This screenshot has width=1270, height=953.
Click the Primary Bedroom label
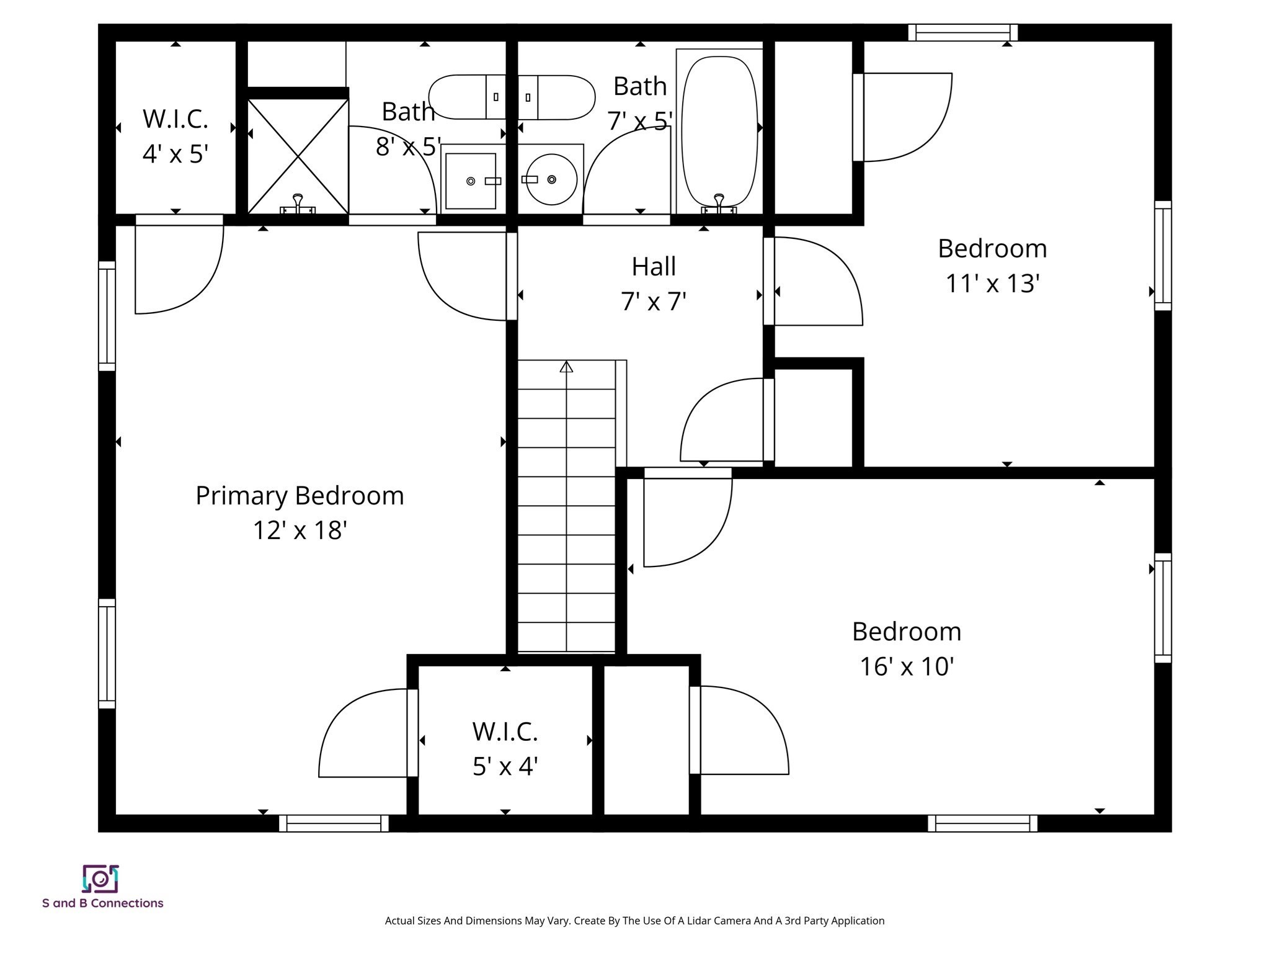point(300,496)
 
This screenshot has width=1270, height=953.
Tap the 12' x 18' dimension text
point(300,530)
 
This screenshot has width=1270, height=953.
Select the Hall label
point(654,267)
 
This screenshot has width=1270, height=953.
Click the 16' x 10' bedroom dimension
point(906,667)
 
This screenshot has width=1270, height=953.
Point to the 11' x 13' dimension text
point(992,284)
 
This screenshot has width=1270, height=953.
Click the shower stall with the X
point(298,156)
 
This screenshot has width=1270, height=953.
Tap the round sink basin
point(551,180)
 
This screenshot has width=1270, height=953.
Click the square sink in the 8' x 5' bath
point(471,181)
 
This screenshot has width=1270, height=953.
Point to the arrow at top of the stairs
point(566,367)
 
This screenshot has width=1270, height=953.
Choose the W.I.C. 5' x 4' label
point(505,749)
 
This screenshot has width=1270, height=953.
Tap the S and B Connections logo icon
point(100,879)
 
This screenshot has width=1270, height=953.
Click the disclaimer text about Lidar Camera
point(634,921)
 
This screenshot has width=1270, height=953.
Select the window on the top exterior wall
point(962,32)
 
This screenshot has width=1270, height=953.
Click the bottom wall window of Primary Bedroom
point(334,823)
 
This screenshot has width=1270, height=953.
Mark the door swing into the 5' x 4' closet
point(366,735)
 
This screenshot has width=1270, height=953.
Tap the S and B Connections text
point(103,903)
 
